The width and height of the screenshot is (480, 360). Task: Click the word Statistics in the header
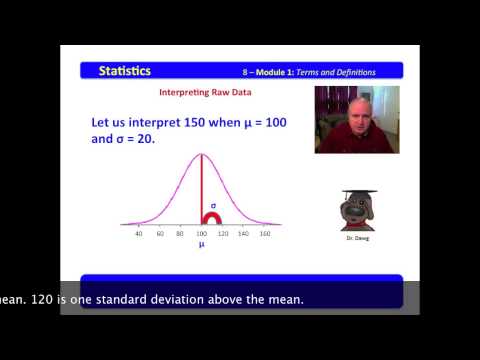click(125, 70)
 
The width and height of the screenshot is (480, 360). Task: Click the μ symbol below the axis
click(201, 244)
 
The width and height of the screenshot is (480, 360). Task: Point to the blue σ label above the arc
click(212, 202)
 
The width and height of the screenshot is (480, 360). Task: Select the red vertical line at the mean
click(202, 185)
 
